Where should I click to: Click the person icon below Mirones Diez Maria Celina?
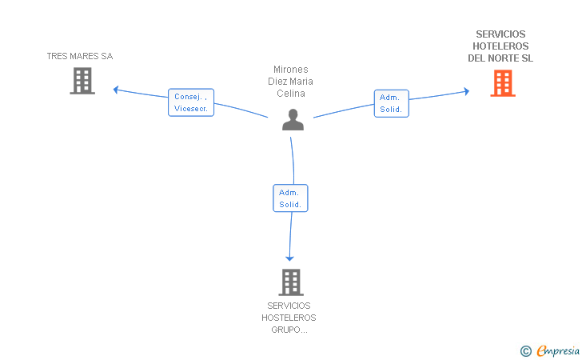(x=293, y=120)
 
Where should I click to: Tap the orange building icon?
(x=503, y=83)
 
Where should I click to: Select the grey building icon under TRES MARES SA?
(x=82, y=81)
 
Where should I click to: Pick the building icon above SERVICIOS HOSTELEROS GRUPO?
(x=291, y=282)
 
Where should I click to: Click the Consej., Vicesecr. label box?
(x=191, y=102)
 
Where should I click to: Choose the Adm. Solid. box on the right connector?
(x=392, y=104)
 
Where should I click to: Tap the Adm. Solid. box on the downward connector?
(x=290, y=198)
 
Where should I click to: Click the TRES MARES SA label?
(x=80, y=56)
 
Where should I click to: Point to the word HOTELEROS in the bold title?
(x=500, y=46)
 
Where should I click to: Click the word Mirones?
(x=291, y=70)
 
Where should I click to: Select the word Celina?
(x=291, y=94)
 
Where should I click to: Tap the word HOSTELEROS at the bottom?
(x=289, y=318)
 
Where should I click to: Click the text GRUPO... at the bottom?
(x=289, y=330)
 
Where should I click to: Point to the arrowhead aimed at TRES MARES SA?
(x=116, y=90)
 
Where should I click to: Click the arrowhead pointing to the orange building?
(x=467, y=91)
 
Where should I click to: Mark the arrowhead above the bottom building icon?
(x=289, y=258)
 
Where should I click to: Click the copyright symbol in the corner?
(x=526, y=351)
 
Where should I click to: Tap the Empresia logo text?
(x=558, y=350)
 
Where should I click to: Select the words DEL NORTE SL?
(x=500, y=58)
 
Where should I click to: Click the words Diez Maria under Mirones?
(x=291, y=82)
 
